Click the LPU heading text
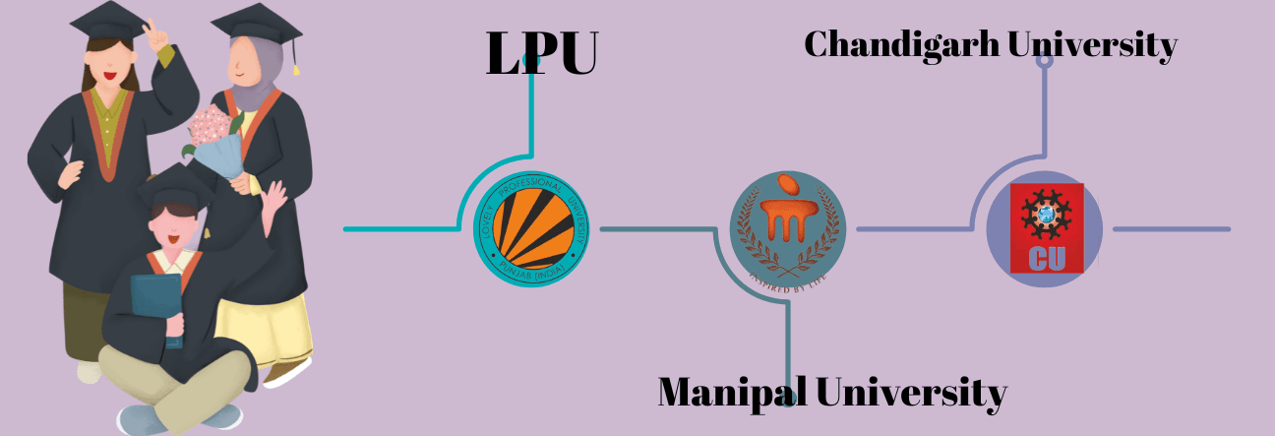point(542,54)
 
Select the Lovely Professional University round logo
point(531,228)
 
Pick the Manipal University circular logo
point(787,228)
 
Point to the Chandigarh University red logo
point(1045,228)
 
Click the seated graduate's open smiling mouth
point(172,239)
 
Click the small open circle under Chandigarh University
point(1045,59)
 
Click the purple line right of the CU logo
point(1171,229)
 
